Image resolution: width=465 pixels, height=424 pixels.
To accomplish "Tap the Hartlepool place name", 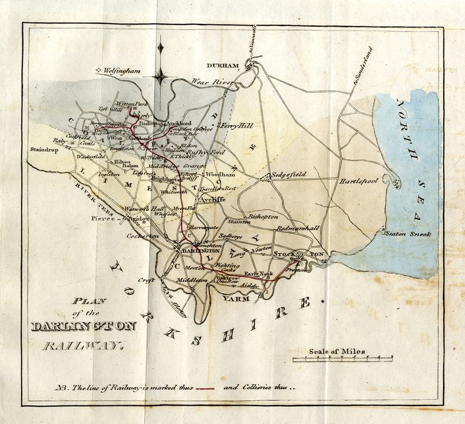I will (x=359, y=181).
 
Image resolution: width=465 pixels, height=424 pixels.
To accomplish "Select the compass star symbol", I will (x=161, y=76).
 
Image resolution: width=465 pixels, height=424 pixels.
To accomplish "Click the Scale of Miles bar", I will (x=343, y=359).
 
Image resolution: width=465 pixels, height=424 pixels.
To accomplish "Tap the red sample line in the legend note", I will (x=205, y=388).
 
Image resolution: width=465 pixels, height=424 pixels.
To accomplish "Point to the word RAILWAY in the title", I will (x=82, y=348).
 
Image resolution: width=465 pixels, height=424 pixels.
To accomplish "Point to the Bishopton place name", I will (x=263, y=217).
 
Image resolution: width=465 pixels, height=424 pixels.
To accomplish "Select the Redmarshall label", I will (x=297, y=227).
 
